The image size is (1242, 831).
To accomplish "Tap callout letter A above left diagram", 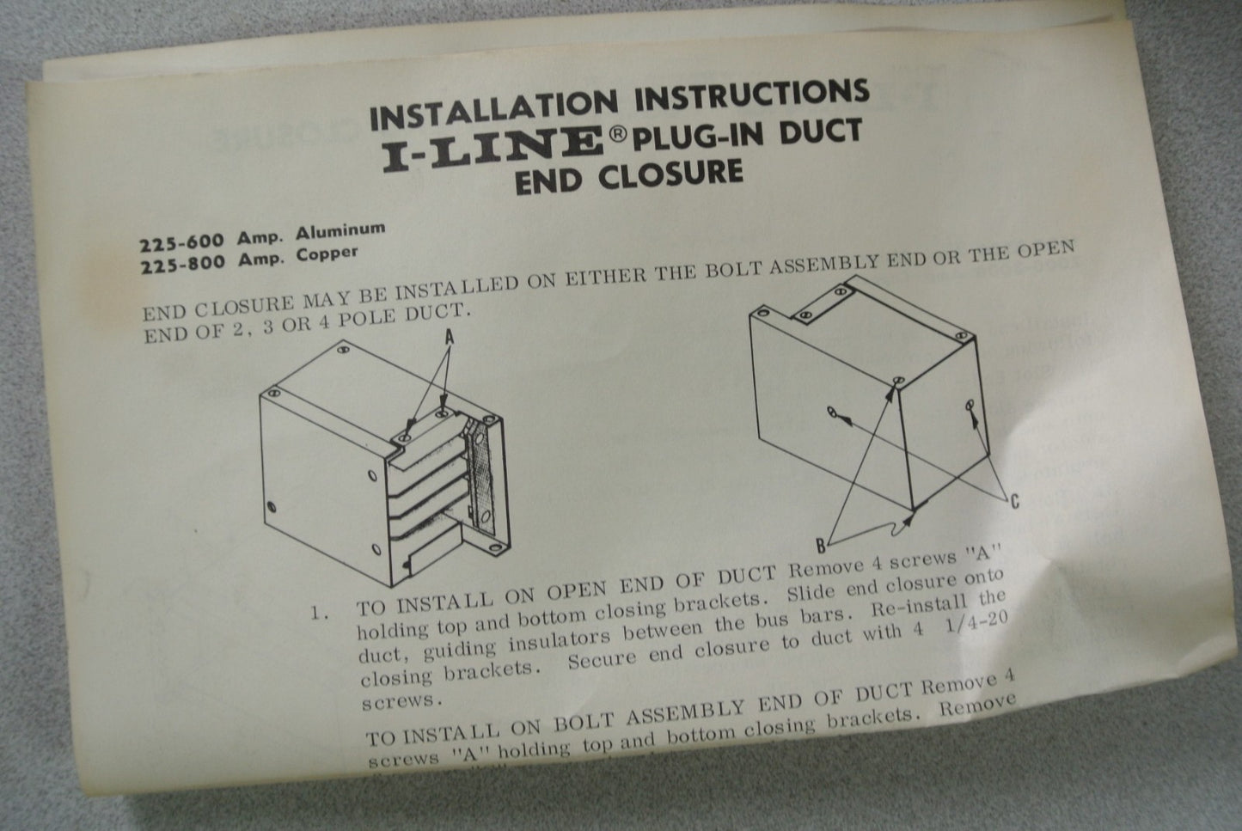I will click(449, 339).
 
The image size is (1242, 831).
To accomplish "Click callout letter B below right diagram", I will click(820, 543).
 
